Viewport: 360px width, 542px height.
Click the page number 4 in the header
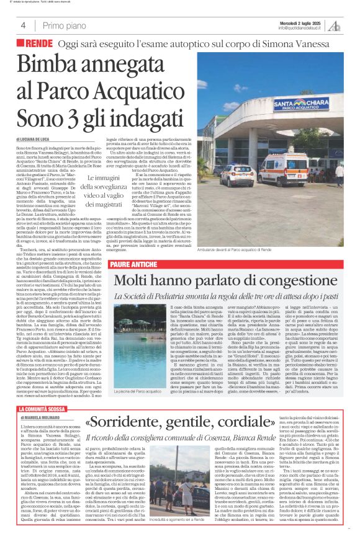(22, 26)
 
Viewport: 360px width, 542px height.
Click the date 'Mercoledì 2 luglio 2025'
(300, 22)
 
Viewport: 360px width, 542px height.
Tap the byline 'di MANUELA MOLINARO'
(43, 401)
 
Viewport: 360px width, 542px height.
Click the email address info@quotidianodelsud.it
(301, 28)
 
